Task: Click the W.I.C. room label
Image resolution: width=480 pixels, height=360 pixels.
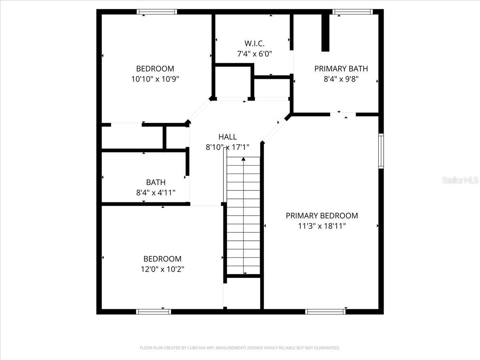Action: click(x=254, y=43)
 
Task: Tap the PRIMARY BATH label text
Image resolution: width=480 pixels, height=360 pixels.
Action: click(x=341, y=68)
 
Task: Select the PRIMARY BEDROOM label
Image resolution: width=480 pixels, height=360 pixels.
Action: click(x=322, y=216)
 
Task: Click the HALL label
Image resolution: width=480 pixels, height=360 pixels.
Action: click(x=227, y=137)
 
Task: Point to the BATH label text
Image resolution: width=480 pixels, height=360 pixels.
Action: click(x=156, y=182)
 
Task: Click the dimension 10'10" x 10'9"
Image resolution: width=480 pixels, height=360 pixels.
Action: click(x=155, y=79)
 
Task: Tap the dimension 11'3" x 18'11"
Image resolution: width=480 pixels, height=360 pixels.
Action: click(x=322, y=226)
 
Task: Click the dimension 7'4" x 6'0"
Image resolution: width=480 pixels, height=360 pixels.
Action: click(x=254, y=54)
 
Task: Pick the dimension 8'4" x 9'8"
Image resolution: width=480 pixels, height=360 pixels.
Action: click(x=341, y=79)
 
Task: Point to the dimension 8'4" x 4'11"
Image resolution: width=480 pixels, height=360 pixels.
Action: click(x=156, y=193)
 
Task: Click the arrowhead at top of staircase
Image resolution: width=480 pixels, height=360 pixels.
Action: click(x=243, y=159)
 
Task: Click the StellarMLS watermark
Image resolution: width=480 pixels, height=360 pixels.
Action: click(x=460, y=180)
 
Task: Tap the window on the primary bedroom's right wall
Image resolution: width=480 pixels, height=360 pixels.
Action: click(x=381, y=151)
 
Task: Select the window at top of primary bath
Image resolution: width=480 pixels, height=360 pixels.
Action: click(x=353, y=12)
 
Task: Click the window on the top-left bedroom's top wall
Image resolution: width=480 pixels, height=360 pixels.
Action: click(x=157, y=12)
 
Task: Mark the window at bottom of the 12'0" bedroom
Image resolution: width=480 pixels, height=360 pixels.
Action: click(x=154, y=312)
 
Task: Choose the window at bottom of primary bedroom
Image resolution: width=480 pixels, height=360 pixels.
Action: click(x=325, y=312)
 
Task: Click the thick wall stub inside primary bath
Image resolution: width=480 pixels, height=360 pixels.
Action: click(x=326, y=33)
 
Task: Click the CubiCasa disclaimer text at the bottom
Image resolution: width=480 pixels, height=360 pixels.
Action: click(x=240, y=348)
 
